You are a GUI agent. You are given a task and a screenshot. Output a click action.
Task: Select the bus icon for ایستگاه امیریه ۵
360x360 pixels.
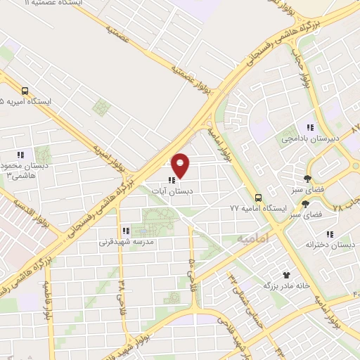[25, 91]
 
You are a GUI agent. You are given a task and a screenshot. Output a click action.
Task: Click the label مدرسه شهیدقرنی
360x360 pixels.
[125, 242]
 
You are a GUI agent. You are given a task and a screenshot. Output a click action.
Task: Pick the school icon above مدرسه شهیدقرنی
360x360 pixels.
[125, 231]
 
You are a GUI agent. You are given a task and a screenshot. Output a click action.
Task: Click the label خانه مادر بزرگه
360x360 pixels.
[286, 286]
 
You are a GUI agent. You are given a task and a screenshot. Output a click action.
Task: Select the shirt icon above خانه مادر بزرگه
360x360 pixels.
[286, 275]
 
